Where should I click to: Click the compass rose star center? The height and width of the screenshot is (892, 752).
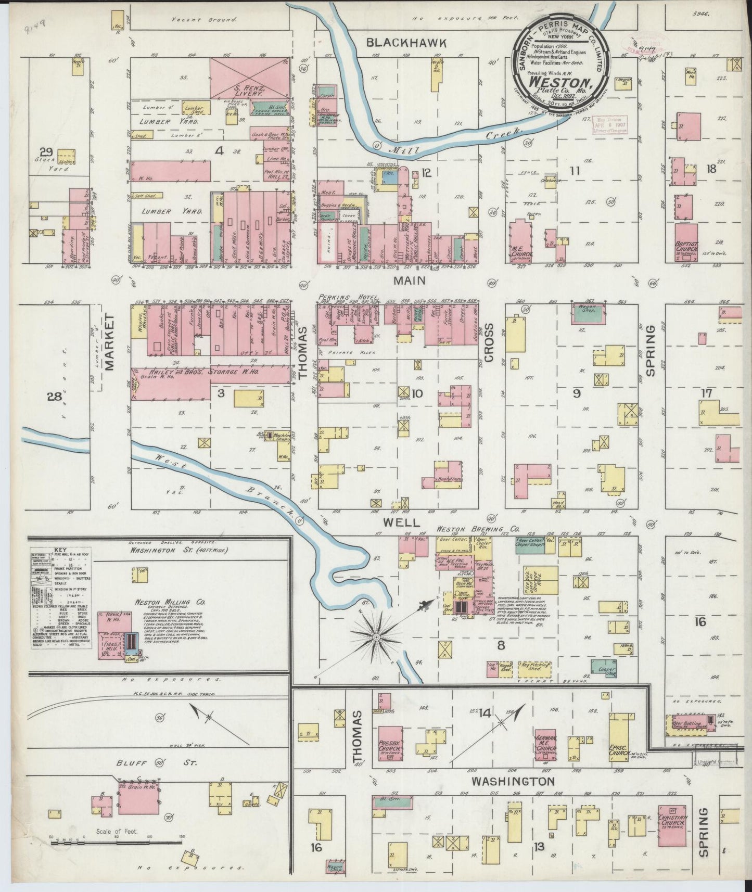[x=375, y=635]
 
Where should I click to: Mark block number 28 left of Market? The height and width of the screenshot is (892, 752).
[x=54, y=398]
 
